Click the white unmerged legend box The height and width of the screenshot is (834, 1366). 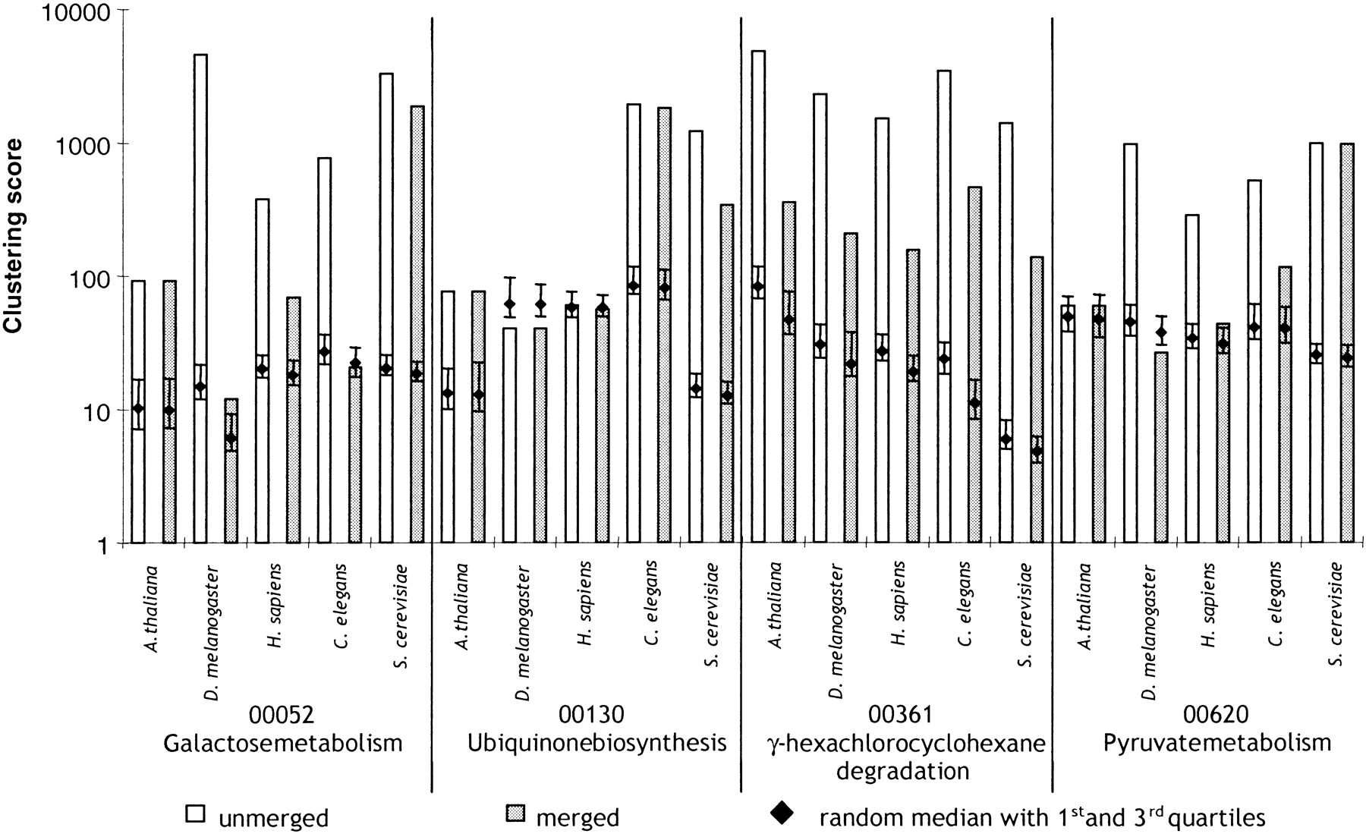pos(196,814)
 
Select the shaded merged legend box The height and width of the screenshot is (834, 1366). pos(515,814)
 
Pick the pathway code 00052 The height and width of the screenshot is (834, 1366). pos(282,716)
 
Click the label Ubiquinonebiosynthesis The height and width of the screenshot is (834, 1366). pos(597,741)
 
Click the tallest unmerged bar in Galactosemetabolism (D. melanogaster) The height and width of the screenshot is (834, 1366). pos(200,298)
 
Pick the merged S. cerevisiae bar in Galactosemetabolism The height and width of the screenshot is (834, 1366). pos(417,324)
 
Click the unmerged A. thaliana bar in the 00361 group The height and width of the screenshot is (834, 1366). pos(757,297)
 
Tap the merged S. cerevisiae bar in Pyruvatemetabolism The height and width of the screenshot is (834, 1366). pos(1347,343)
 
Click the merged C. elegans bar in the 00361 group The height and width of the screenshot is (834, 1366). pos(974,365)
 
